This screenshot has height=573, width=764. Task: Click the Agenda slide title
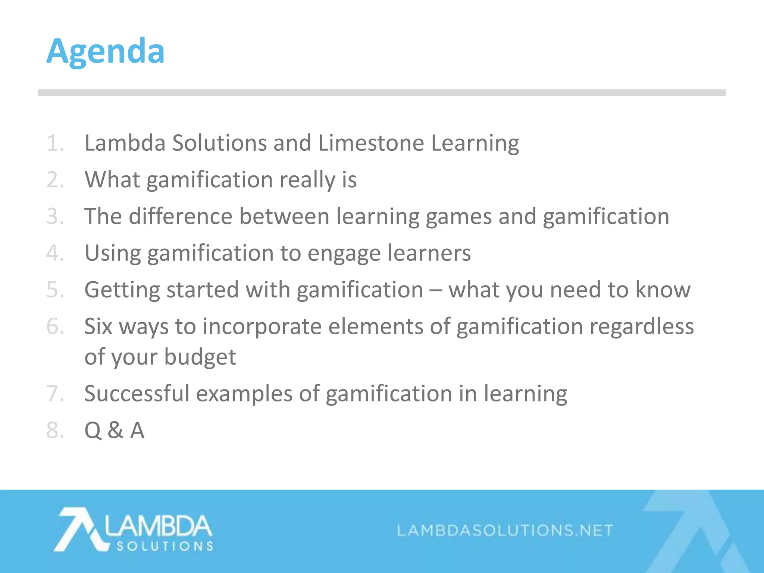point(105,51)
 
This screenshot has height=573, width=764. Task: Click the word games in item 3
point(458,216)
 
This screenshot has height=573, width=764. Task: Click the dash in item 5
point(435,290)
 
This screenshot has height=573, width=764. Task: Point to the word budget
point(200,357)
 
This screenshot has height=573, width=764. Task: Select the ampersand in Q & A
point(115,430)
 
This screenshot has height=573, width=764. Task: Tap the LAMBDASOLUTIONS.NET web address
point(505,530)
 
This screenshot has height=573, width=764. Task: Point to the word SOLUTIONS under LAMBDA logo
point(165,547)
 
